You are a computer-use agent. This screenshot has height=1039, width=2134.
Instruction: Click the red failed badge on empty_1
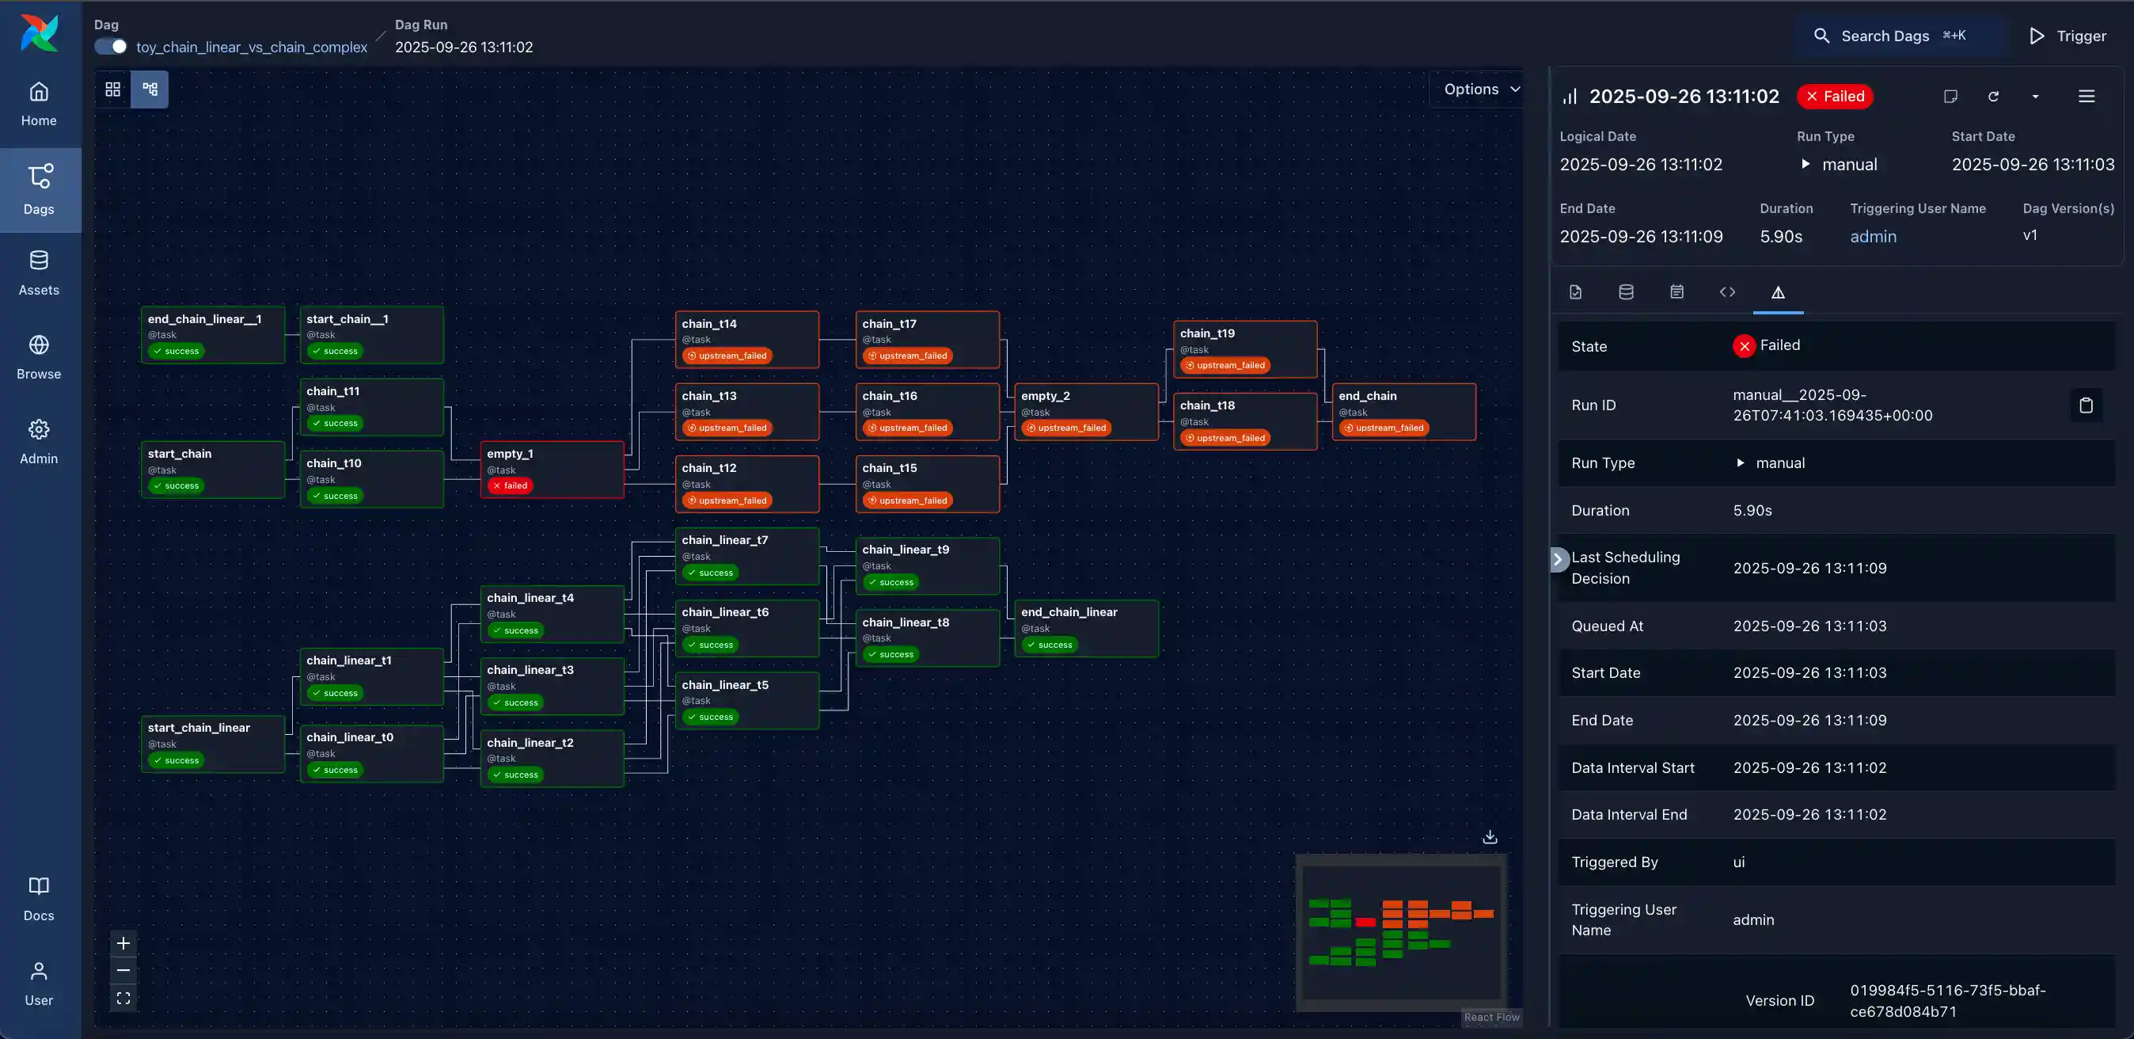point(510,485)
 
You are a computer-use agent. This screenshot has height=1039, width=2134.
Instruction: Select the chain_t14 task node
point(746,339)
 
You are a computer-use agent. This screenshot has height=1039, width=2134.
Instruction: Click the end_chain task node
point(1403,411)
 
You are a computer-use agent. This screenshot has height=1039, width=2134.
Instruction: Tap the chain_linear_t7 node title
point(724,540)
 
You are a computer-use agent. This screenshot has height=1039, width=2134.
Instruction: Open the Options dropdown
point(1480,89)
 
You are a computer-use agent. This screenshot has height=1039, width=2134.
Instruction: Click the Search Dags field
point(1897,36)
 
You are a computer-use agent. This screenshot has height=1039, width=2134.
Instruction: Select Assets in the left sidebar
point(39,272)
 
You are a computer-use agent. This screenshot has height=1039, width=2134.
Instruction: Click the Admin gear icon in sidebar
point(39,429)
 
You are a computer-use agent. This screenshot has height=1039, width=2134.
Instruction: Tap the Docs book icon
point(39,885)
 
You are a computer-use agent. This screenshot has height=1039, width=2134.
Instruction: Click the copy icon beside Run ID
point(2085,405)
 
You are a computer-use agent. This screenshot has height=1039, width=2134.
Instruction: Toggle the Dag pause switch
point(111,48)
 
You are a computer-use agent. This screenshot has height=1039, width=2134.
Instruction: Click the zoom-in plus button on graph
point(123,943)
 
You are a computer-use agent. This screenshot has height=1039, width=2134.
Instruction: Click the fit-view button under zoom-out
point(123,999)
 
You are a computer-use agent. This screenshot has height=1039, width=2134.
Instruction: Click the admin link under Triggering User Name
point(1872,237)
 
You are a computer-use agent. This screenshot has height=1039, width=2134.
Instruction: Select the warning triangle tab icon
point(1777,292)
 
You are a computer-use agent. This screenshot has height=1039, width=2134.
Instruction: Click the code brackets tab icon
point(1726,292)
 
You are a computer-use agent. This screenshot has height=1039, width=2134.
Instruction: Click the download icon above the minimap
point(1489,837)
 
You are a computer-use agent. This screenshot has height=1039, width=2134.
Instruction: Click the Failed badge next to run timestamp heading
point(1834,97)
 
